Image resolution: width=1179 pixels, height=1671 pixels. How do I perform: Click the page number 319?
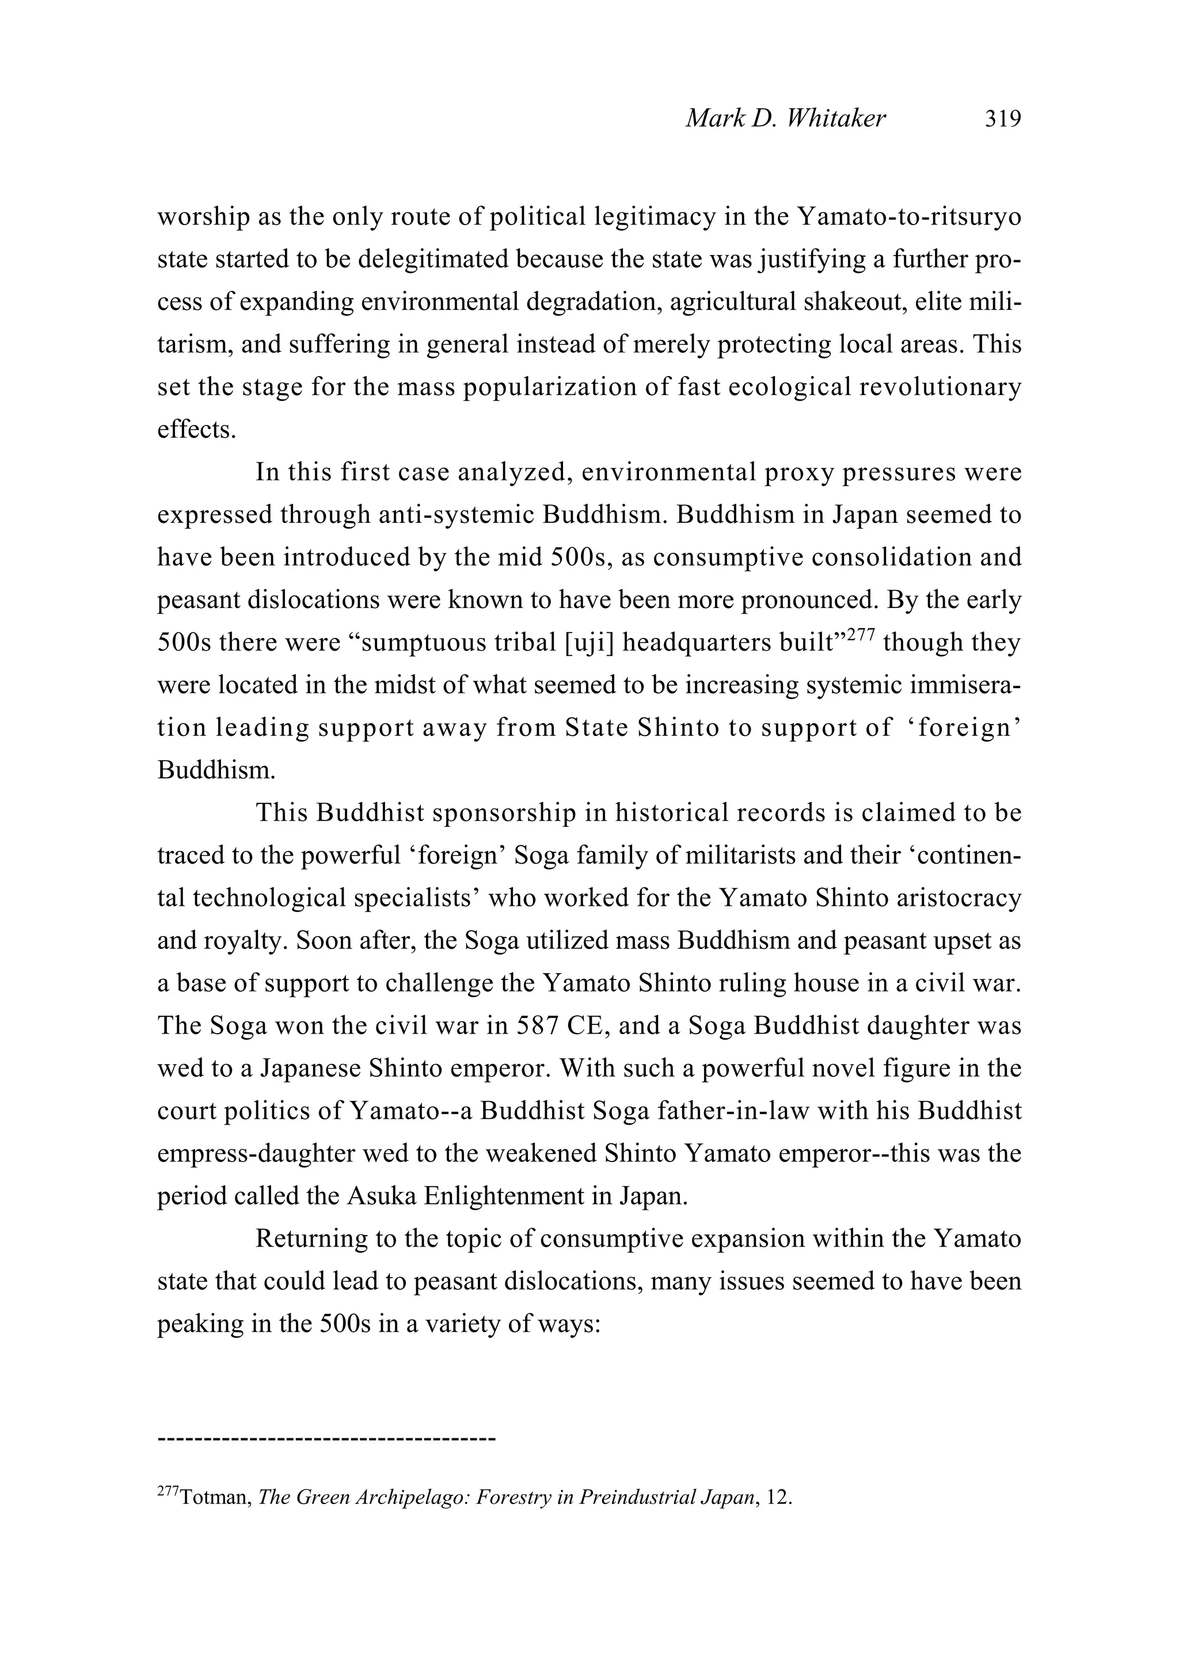pos(1003,118)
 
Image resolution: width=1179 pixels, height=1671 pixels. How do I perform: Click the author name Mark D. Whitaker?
pos(785,118)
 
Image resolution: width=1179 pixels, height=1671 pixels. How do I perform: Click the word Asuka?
pos(381,1196)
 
